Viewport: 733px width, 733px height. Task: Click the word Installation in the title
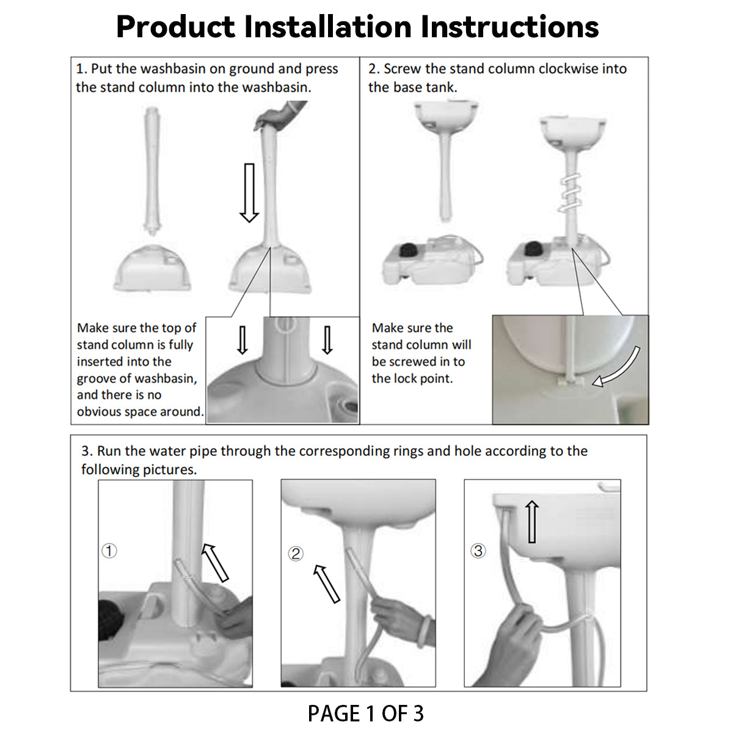point(328,27)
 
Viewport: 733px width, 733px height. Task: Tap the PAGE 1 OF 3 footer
point(365,713)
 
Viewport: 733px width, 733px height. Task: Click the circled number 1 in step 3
point(109,550)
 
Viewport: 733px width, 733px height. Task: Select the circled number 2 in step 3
point(296,553)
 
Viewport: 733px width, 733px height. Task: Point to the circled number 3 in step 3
point(478,550)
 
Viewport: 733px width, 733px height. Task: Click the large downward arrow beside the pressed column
point(249,193)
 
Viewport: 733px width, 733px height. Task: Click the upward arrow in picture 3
point(532,521)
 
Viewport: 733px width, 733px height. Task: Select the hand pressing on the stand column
point(280,115)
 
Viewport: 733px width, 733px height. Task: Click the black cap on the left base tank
point(408,251)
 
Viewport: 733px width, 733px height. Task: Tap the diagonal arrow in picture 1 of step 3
point(215,563)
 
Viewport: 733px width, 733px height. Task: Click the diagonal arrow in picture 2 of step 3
point(326,584)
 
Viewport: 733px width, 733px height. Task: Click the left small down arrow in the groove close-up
point(243,340)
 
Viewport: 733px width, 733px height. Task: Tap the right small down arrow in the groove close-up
point(327,340)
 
